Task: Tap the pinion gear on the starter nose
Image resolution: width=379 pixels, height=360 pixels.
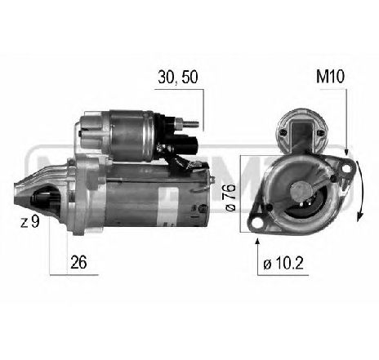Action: click(41, 199)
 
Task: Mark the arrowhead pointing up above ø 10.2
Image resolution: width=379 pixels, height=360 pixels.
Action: click(259, 238)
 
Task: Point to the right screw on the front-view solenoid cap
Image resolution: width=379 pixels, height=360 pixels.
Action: click(320, 131)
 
